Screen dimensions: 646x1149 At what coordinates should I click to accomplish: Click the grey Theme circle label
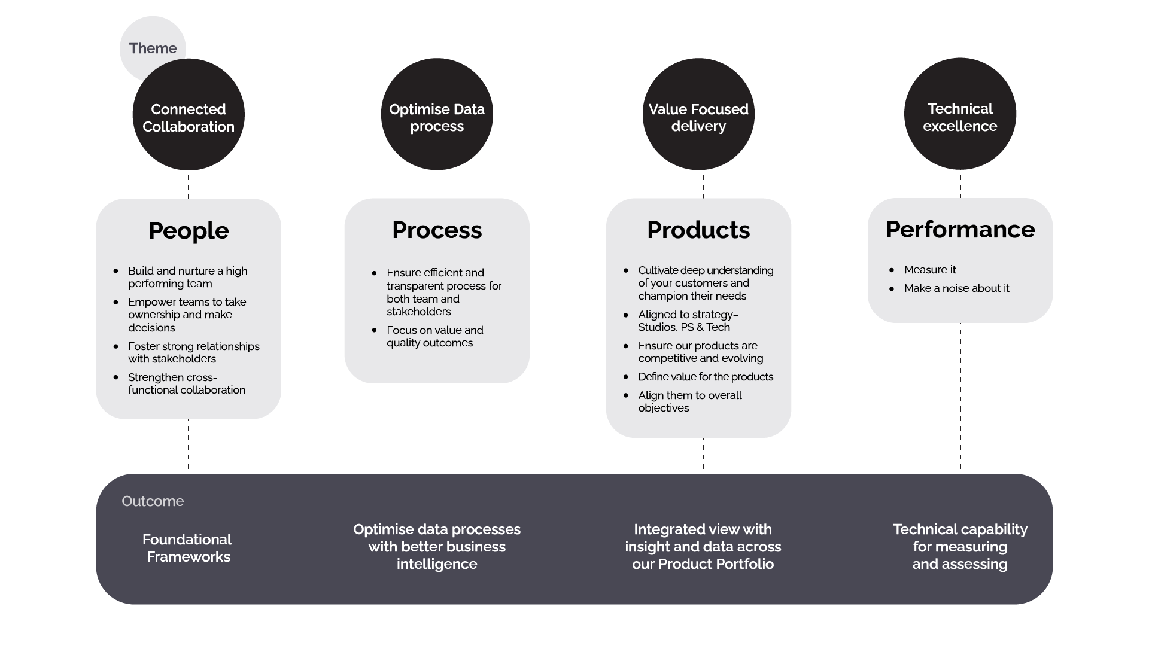[153, 48]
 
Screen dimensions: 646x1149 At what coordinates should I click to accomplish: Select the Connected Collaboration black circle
[189, 118]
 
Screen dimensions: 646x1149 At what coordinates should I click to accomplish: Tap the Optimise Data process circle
[437, 117]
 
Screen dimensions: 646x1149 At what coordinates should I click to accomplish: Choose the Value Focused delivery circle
[698, 117]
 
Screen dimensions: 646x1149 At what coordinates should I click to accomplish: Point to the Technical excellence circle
[960, 117]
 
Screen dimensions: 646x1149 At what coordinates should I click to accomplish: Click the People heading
[189, 230]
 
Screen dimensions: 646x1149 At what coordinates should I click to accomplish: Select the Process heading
[437, 230]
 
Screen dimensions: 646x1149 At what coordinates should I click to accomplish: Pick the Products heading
[698, 230]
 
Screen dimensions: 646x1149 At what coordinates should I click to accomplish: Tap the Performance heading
[960, 229]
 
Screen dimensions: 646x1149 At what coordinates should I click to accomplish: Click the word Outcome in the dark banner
[153, 501]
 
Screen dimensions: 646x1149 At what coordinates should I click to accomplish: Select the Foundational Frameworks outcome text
[188, 548]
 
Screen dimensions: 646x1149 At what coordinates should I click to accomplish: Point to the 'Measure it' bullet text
[930, 270]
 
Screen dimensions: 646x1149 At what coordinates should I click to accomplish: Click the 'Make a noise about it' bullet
[956, 288]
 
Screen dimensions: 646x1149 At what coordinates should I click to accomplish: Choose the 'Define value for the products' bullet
[706, 377]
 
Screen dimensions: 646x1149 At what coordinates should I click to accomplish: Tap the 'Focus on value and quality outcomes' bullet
[434, 336]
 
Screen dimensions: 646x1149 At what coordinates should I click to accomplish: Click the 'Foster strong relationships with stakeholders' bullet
[193, 352]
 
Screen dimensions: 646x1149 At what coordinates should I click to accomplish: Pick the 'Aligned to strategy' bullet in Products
[688, 321]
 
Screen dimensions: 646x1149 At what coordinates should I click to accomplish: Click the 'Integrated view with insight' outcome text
[703, 547]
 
